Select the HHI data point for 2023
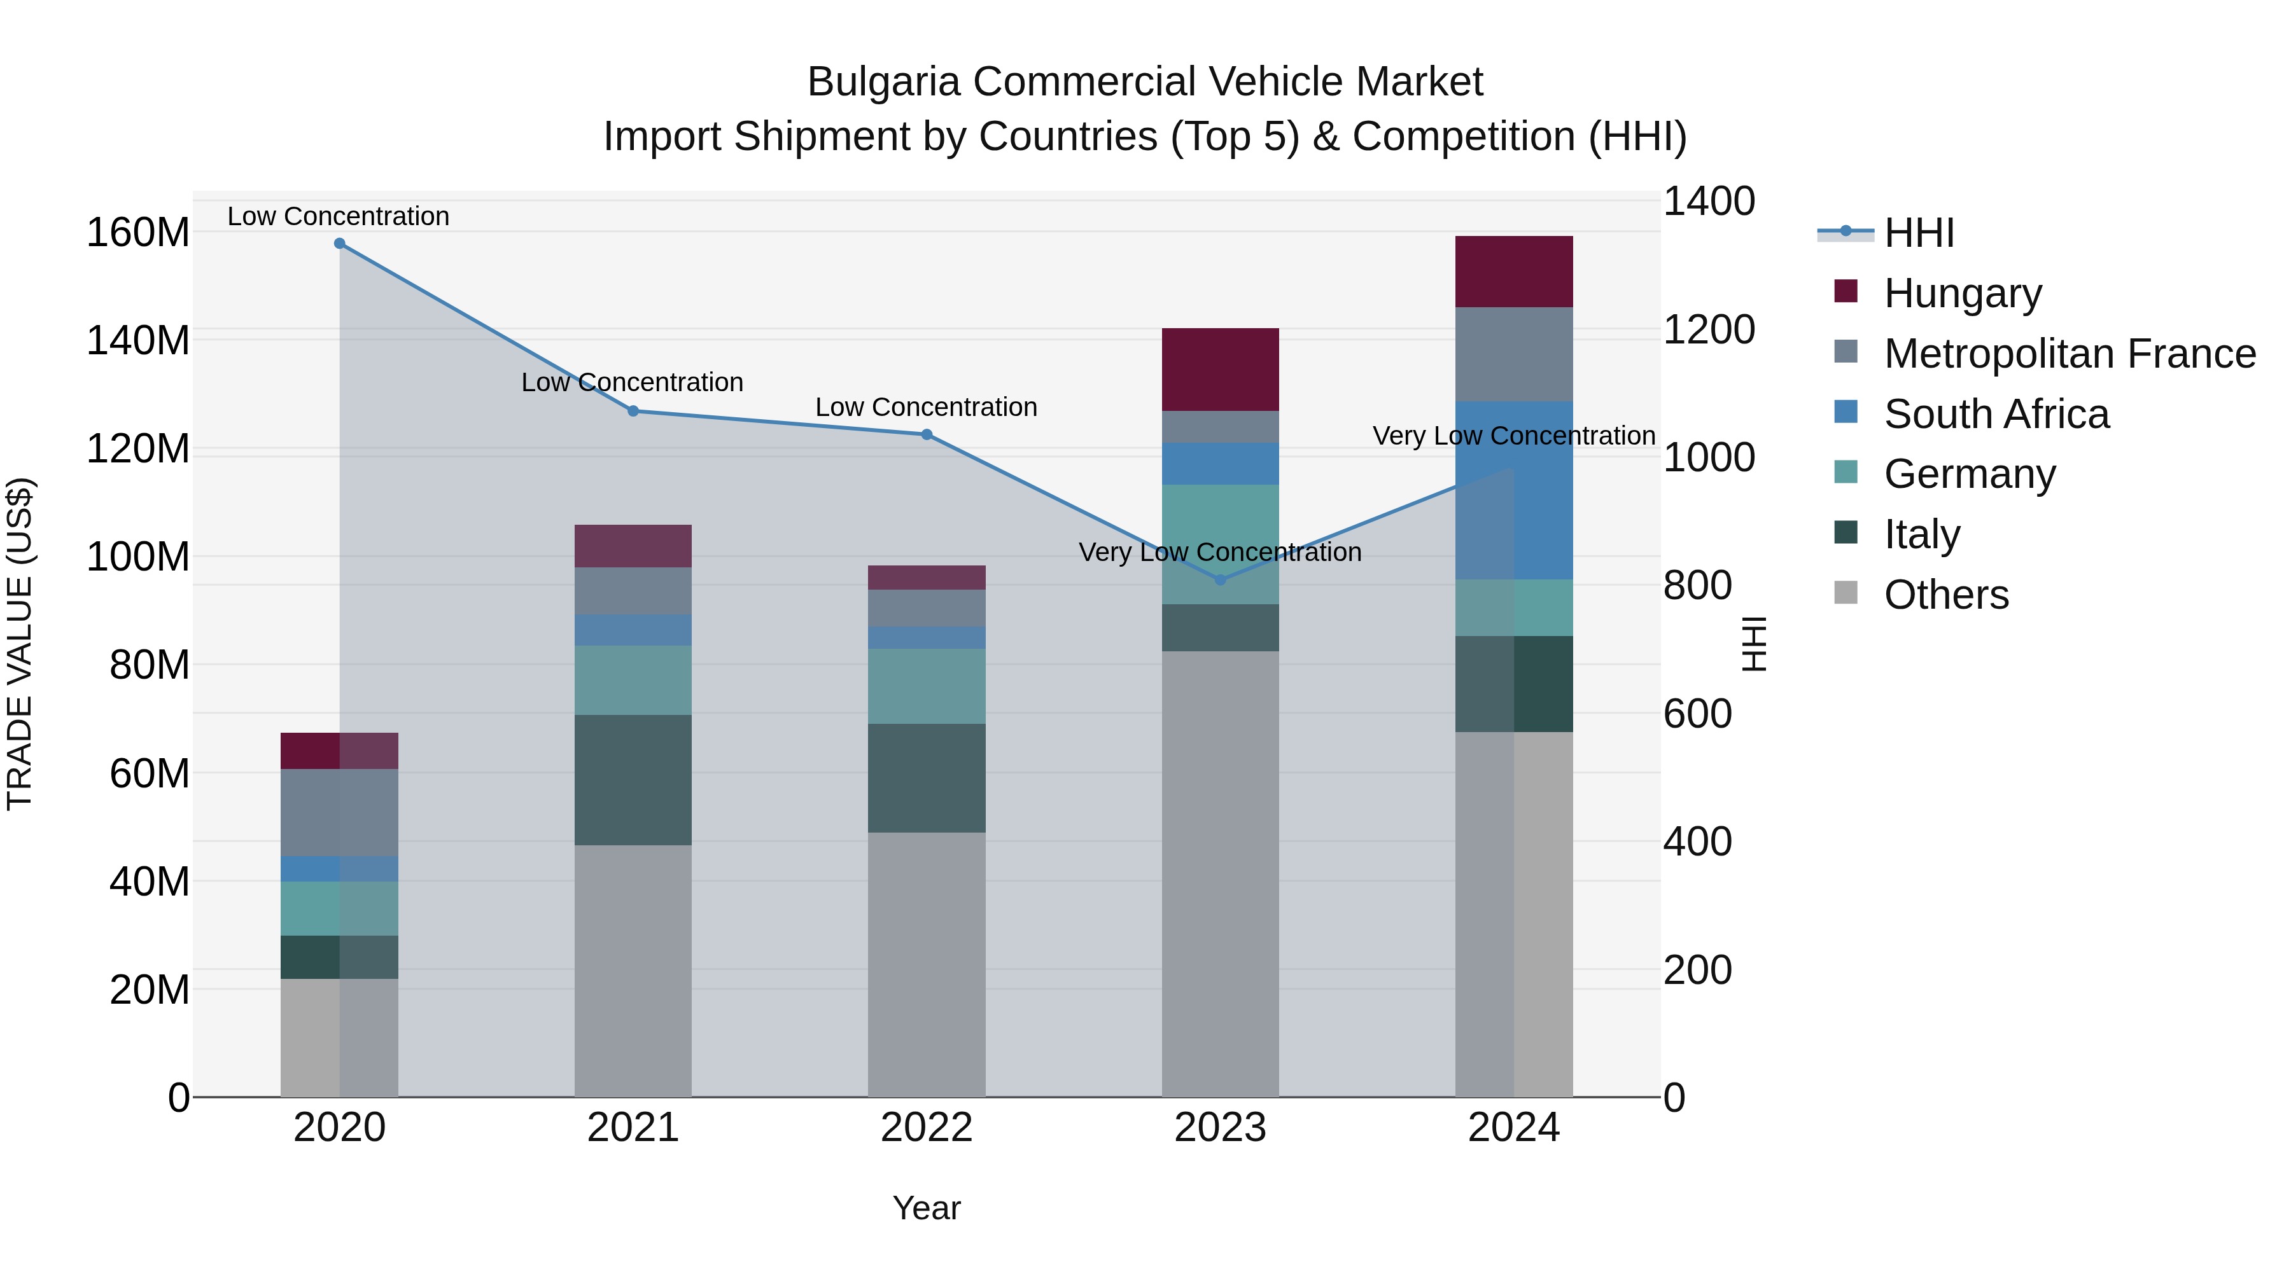pos(1220,579)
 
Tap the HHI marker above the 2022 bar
pos(927,434)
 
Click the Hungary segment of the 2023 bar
pos(1220,369)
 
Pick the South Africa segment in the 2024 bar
pos(1514,490)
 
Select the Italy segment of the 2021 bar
pos(633,780)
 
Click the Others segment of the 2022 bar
pos(927,964)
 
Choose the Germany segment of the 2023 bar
pos(1220,544)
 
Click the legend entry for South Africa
pos(1996,414)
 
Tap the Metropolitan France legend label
pos(2070,354)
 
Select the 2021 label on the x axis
pos(633,1128)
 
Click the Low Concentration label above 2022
pos(926,407)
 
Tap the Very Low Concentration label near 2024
pos(1514,436)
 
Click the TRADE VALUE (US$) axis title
pos(20,644)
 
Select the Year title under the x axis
pos(926,1208)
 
